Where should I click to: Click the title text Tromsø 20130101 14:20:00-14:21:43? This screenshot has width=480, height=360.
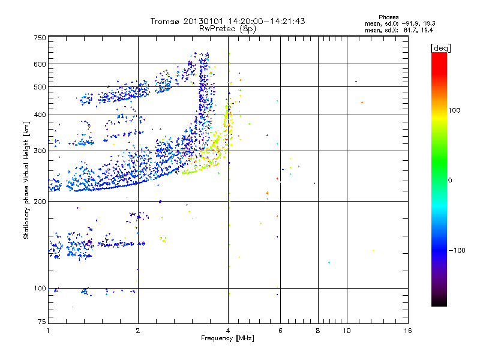(x=227, y=21)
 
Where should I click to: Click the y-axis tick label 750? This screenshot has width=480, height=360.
(x=40, y=37)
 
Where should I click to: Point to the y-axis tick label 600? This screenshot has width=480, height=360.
(x=40, y=64)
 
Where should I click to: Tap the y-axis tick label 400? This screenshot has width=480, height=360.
(x=40, y=115)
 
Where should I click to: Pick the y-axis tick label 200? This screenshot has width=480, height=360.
(x=40, y=202)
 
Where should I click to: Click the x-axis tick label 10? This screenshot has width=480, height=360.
(x=346, y=331)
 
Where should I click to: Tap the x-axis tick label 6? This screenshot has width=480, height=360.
(x=281, y=331)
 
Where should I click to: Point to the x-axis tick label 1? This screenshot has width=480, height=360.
(x=48, y=331)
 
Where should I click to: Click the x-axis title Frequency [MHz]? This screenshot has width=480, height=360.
(x=227, y=339)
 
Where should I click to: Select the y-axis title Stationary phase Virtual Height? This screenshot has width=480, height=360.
(x=26, y=180)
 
